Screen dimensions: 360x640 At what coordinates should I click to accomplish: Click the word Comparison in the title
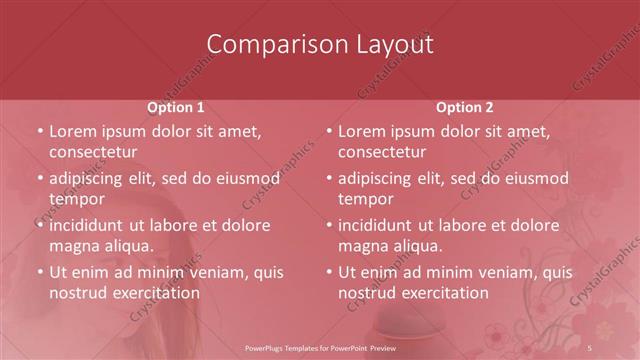click(268, 45)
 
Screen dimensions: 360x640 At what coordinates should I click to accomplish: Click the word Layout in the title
click(393, 45)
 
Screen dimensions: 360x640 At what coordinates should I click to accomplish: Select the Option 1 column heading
click(176, 107)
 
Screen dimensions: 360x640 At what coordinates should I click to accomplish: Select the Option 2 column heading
click(465, 107)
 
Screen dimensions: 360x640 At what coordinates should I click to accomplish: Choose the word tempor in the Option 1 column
click(76, 199)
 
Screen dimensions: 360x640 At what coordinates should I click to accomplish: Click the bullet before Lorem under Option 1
click(40, 132)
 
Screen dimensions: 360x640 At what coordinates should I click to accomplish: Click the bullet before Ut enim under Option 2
click(329, 272)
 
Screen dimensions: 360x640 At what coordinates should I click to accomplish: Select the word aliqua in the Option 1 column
click(129, 246)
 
